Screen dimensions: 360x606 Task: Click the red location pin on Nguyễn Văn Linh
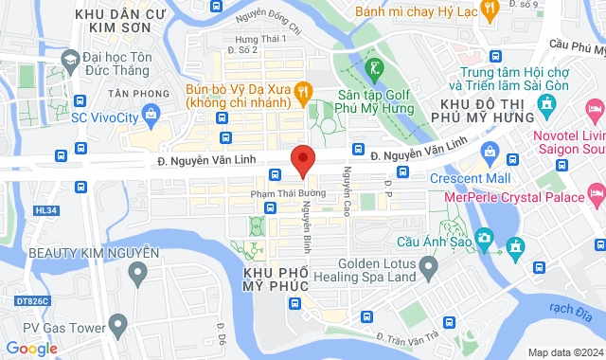[302, 161]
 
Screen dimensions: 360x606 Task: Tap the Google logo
[31, 349]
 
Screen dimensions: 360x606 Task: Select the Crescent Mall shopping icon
[490, 151]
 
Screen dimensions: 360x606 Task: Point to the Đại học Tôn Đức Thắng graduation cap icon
[69, 60]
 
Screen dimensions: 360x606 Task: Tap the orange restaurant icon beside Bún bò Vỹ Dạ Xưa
[303, 92]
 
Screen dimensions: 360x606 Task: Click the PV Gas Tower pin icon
[118, 328]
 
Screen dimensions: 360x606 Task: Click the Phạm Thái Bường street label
[288, 193]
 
